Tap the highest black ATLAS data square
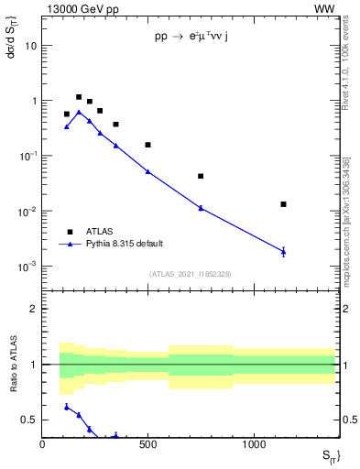[79, 97]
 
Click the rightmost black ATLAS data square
[283, 204]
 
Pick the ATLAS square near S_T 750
[201, 176]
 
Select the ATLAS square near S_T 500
[147, 145]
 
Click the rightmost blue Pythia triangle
[283, 251]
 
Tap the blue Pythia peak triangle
[79, 112]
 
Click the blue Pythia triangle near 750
[201, 208]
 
